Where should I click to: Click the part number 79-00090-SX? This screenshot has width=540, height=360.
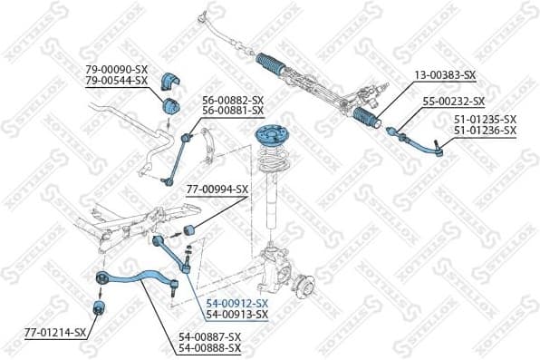coord(117,69)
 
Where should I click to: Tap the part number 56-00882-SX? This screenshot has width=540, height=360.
coord(233,100)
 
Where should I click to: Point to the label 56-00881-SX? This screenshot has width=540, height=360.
coord(233,111)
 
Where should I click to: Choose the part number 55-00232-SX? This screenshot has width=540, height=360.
coord(454,102)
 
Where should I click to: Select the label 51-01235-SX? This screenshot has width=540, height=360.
coord(485,120)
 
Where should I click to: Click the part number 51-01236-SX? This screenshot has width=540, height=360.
coord(485,131)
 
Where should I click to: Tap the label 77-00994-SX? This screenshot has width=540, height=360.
coord(217,190)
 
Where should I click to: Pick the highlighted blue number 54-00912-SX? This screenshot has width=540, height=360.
coord(237,303)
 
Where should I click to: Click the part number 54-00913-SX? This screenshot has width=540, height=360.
coord(237,315)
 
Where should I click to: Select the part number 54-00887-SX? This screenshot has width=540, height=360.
coord(209,336)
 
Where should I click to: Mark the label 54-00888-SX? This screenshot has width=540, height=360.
coord(209,347)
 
